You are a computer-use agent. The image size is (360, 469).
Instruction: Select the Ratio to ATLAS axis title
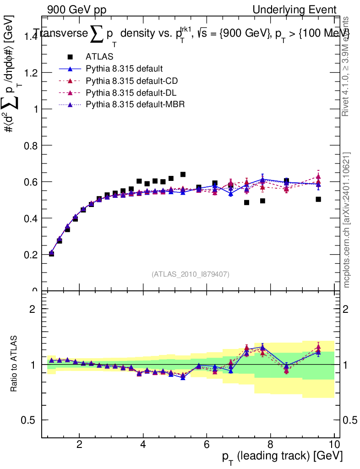15,364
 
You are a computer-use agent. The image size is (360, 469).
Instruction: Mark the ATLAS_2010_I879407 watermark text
191,274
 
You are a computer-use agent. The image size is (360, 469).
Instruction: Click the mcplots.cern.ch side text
347,220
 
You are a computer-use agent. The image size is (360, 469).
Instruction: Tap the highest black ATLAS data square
183,175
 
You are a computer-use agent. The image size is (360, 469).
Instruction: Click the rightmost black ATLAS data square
318,199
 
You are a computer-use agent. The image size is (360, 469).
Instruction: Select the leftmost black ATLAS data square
51,254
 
